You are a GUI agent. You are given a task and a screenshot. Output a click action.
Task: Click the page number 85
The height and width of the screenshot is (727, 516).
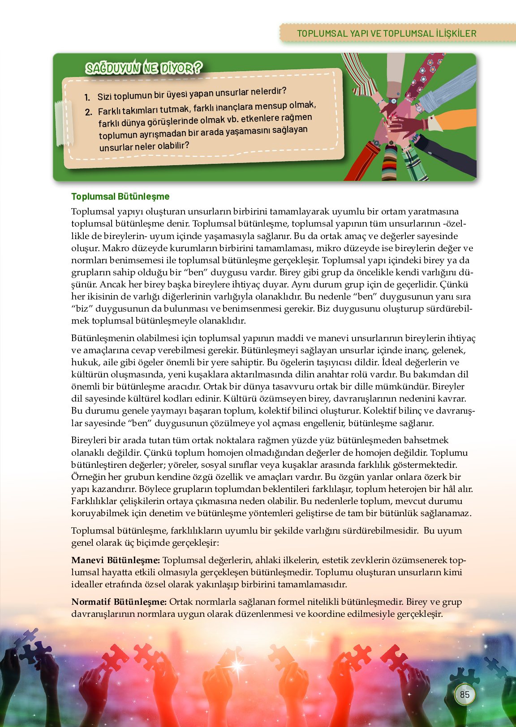pos(464,694)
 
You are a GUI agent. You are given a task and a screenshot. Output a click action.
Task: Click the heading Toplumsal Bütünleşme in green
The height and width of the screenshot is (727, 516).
pos(120,197)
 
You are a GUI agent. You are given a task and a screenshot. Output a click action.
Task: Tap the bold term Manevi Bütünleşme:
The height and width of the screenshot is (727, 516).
pos(116,560)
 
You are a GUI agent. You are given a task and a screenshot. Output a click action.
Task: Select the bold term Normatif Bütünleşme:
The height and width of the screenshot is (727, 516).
pos(119,602)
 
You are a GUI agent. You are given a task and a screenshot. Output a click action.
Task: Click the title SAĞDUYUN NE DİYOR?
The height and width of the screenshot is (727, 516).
pos(144,68)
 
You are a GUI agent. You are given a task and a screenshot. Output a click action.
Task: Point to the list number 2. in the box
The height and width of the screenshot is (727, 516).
pos(89,112)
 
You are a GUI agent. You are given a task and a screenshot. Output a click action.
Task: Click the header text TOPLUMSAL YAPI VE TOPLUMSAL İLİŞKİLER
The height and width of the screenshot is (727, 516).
pos(387,34)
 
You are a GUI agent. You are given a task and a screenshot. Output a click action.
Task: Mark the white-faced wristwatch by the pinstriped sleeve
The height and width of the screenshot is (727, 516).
pos(418,108)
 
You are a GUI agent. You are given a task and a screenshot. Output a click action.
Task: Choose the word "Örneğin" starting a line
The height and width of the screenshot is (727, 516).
pos(87,477)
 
